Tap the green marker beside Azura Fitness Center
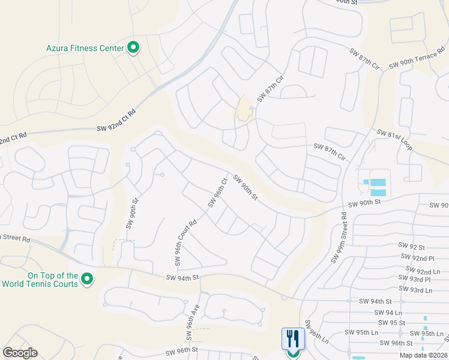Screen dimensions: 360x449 (x=133, y=48)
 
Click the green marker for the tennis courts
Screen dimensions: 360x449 (x=87, y=279)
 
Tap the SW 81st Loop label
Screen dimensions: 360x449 (x=394, y=139)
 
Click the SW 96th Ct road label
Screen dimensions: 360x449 (x=217, y=193)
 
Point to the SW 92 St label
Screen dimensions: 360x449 (x=412, y=247)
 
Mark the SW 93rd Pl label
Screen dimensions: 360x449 (x=415, y=280)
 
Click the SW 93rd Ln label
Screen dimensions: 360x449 (x=416, y=290)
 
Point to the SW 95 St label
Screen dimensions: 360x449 (x=396, y=323)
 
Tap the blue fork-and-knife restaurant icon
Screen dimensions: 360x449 (x=293, y=337)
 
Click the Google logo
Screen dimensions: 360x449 (x=20, y=353)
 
